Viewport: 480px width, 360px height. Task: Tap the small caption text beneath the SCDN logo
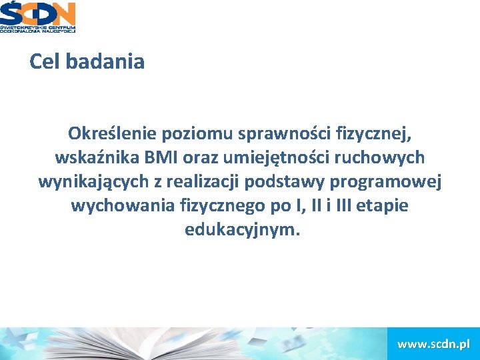tap(38, 28)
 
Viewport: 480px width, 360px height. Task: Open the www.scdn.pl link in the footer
tap(433, 344)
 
